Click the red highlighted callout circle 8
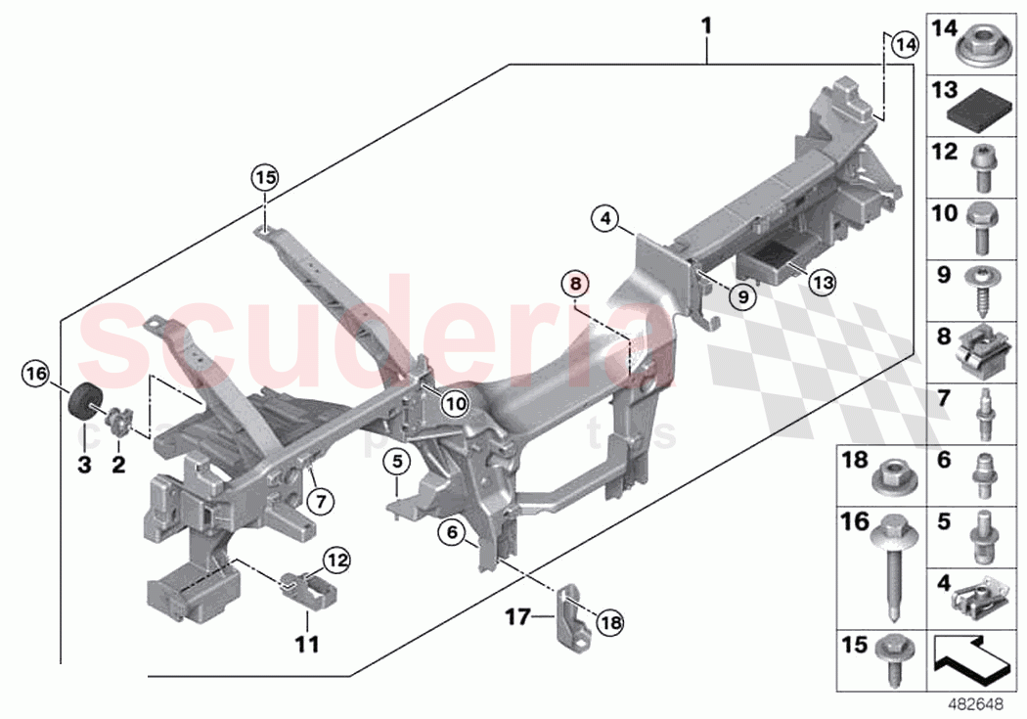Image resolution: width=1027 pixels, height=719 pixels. click(576, 283)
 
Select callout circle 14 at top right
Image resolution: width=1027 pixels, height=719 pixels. click(906, 44)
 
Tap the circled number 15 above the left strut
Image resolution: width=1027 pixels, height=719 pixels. click(265, 178)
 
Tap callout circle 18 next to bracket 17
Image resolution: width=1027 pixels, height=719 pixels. click(609, 621)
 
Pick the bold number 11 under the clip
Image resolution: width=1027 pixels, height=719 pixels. click(306, 646)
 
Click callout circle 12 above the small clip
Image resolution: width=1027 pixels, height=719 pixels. click(335, 561)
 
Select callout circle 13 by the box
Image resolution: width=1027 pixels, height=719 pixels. click(823, 282)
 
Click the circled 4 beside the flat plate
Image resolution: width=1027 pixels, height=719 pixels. click(605, 219)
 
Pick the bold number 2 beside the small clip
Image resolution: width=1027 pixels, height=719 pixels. click(118, 466)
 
